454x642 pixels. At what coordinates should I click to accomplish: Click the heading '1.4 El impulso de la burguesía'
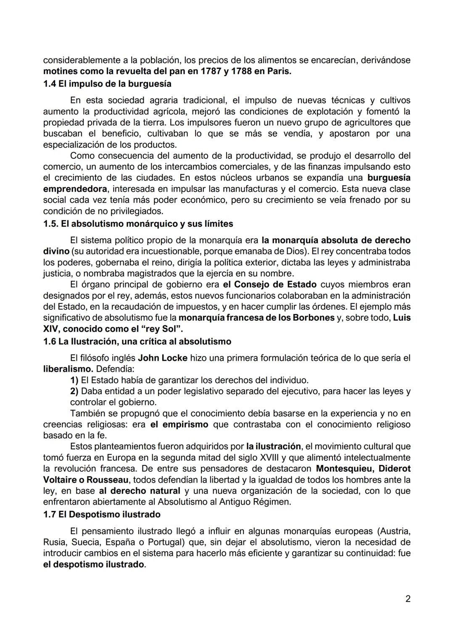coord(107,84)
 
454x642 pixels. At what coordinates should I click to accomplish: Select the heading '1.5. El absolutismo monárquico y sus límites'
coord(138,224)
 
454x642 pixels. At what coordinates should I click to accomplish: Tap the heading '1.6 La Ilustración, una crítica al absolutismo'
coord(137,341)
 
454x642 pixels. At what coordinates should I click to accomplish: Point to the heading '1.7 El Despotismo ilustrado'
coord(102,514)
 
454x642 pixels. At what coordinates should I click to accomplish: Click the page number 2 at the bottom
coord(408,599)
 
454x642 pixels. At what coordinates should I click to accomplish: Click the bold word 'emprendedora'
coord(74,189)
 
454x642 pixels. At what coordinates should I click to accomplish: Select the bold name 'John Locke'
coord(163,358)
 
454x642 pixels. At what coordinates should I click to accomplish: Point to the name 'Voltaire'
coord(61,480)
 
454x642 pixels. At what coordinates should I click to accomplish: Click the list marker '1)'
coord(74,380)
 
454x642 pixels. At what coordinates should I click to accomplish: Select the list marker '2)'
coord(74,391)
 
